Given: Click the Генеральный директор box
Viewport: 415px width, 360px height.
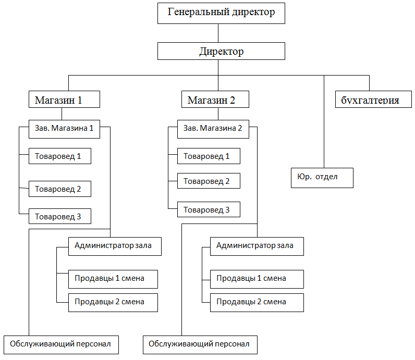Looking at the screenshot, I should [221, 13].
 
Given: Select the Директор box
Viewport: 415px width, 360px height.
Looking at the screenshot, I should [221, 52].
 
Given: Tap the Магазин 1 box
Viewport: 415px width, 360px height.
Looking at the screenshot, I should [64, 100].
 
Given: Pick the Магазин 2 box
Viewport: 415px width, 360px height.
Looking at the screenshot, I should [215, 100].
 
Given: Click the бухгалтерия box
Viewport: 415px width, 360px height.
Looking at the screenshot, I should [370, 100].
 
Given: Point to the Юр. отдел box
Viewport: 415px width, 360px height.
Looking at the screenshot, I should [322, 177].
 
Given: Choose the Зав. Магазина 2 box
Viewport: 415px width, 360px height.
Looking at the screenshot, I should [213, 129].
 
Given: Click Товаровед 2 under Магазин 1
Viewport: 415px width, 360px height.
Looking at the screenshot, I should [60, 189].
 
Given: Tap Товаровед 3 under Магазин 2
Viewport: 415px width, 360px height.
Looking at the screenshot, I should [209, 209].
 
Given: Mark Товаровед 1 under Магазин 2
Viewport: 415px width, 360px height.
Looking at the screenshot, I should [209, 156].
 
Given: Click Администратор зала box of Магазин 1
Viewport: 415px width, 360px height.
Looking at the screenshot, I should [114, 245].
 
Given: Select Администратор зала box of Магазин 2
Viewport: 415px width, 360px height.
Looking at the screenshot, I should [257, 246].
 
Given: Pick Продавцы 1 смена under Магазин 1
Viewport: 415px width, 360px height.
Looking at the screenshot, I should [113, 278].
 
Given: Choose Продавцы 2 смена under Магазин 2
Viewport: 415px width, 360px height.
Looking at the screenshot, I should [257, 302].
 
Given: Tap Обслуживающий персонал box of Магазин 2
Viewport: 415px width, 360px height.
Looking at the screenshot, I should [200, 344].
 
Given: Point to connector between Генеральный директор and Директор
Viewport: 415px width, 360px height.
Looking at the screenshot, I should [218, 33].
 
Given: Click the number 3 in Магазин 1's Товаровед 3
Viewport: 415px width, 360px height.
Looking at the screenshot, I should [79, 217].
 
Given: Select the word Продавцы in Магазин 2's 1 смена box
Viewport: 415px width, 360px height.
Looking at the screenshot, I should [232, 279].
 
